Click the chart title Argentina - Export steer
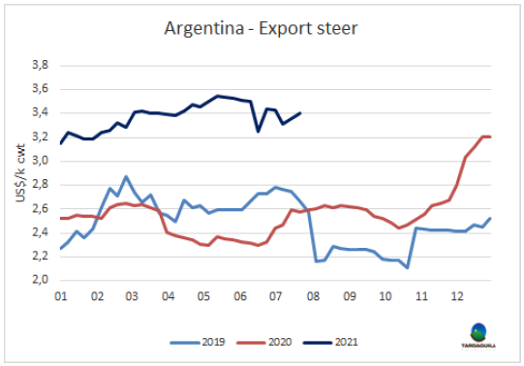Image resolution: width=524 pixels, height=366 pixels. (x=261, y=29)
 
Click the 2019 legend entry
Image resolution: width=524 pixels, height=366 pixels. (x=198, y=343)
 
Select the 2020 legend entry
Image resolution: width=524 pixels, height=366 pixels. (x=264, y=343)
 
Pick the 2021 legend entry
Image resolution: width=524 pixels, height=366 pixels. (x=330, y=343)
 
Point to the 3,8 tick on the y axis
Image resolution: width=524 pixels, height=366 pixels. (x=40, y=65)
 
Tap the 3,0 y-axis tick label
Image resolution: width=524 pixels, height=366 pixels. (x=40, y=161)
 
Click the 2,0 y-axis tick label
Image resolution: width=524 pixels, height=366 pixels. (x=40, y=280)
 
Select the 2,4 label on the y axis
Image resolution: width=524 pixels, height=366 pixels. (x=40, y=232)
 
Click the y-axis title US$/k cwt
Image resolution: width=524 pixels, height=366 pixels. (x=20, y=173)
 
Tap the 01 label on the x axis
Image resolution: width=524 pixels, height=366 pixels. (x=61, y=296)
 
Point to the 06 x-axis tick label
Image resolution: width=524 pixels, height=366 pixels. (x=240, y=296)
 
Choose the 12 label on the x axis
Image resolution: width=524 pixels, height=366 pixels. (x=457, y=296)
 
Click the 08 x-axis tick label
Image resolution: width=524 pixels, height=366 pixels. (x=313, y=296)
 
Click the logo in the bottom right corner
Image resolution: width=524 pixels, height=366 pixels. (x=478, y=336)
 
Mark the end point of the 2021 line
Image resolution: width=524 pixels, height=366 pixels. (x=300, y=113)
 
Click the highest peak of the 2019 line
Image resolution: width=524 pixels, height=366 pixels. (x=126, y=176)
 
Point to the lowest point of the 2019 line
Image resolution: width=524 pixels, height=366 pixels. (x=407, y=268)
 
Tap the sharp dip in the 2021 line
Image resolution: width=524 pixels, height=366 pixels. (x=259, y=132)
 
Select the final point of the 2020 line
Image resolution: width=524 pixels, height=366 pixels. (x=490, y=137)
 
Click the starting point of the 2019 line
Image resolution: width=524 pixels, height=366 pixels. (x=61, y=249)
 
